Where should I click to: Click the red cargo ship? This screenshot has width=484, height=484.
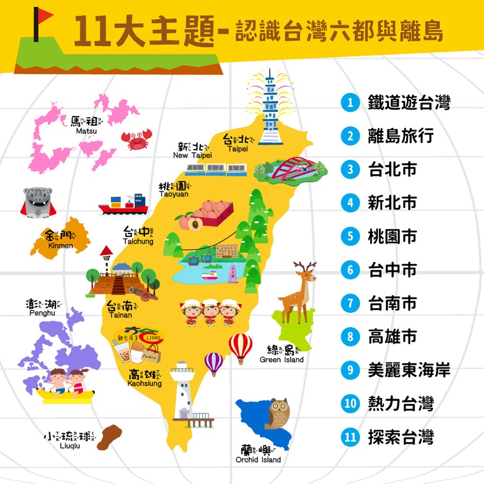pos(124,204)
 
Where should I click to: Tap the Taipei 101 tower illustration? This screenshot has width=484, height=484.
pos(270,109)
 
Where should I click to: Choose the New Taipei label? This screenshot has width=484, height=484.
pos(193,151)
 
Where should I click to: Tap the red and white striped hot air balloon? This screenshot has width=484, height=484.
pos(241,347)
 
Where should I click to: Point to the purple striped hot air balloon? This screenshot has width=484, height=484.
pos(213,363)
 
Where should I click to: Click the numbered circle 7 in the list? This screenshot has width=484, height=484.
pos(350,303)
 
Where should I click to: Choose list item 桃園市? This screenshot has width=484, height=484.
pos(392,237)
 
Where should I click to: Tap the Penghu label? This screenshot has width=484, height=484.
pos(43,308)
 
